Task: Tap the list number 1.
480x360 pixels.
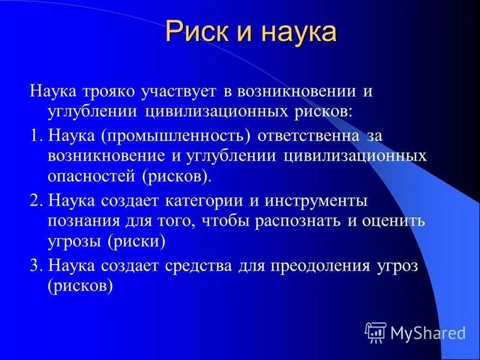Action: click(35, 136)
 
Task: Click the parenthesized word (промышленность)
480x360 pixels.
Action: click(176, 136)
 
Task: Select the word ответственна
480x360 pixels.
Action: click(308, 136)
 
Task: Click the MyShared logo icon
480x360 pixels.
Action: click(375, 331)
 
